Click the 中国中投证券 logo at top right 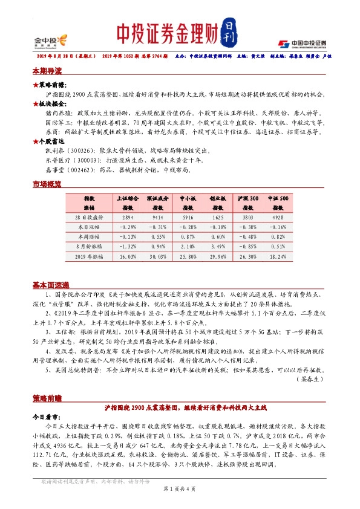click(x=303, y=43)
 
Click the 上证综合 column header click(x=127, y=198)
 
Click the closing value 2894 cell click(x=127, y=215)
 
